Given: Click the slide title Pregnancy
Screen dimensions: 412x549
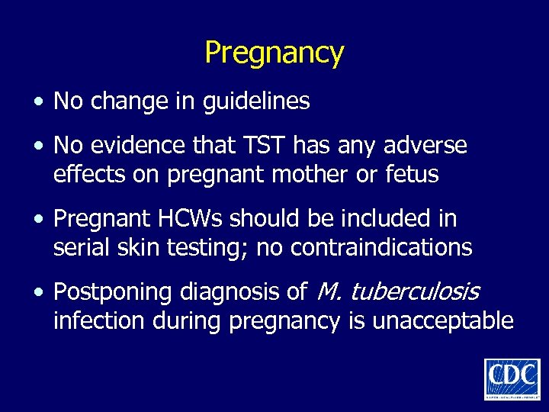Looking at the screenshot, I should tap(274, 53).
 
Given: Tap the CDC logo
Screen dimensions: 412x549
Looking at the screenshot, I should tap(511, 378).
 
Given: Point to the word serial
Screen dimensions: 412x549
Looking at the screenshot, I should tap(81, 248).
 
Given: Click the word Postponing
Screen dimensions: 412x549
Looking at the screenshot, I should tap(114, 292).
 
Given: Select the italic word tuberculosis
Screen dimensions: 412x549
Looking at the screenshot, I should tap(414, 292).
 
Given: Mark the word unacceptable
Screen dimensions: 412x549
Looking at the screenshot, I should tap(442, 321).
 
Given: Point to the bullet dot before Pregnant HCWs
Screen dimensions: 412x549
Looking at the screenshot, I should tap(39, 220).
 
